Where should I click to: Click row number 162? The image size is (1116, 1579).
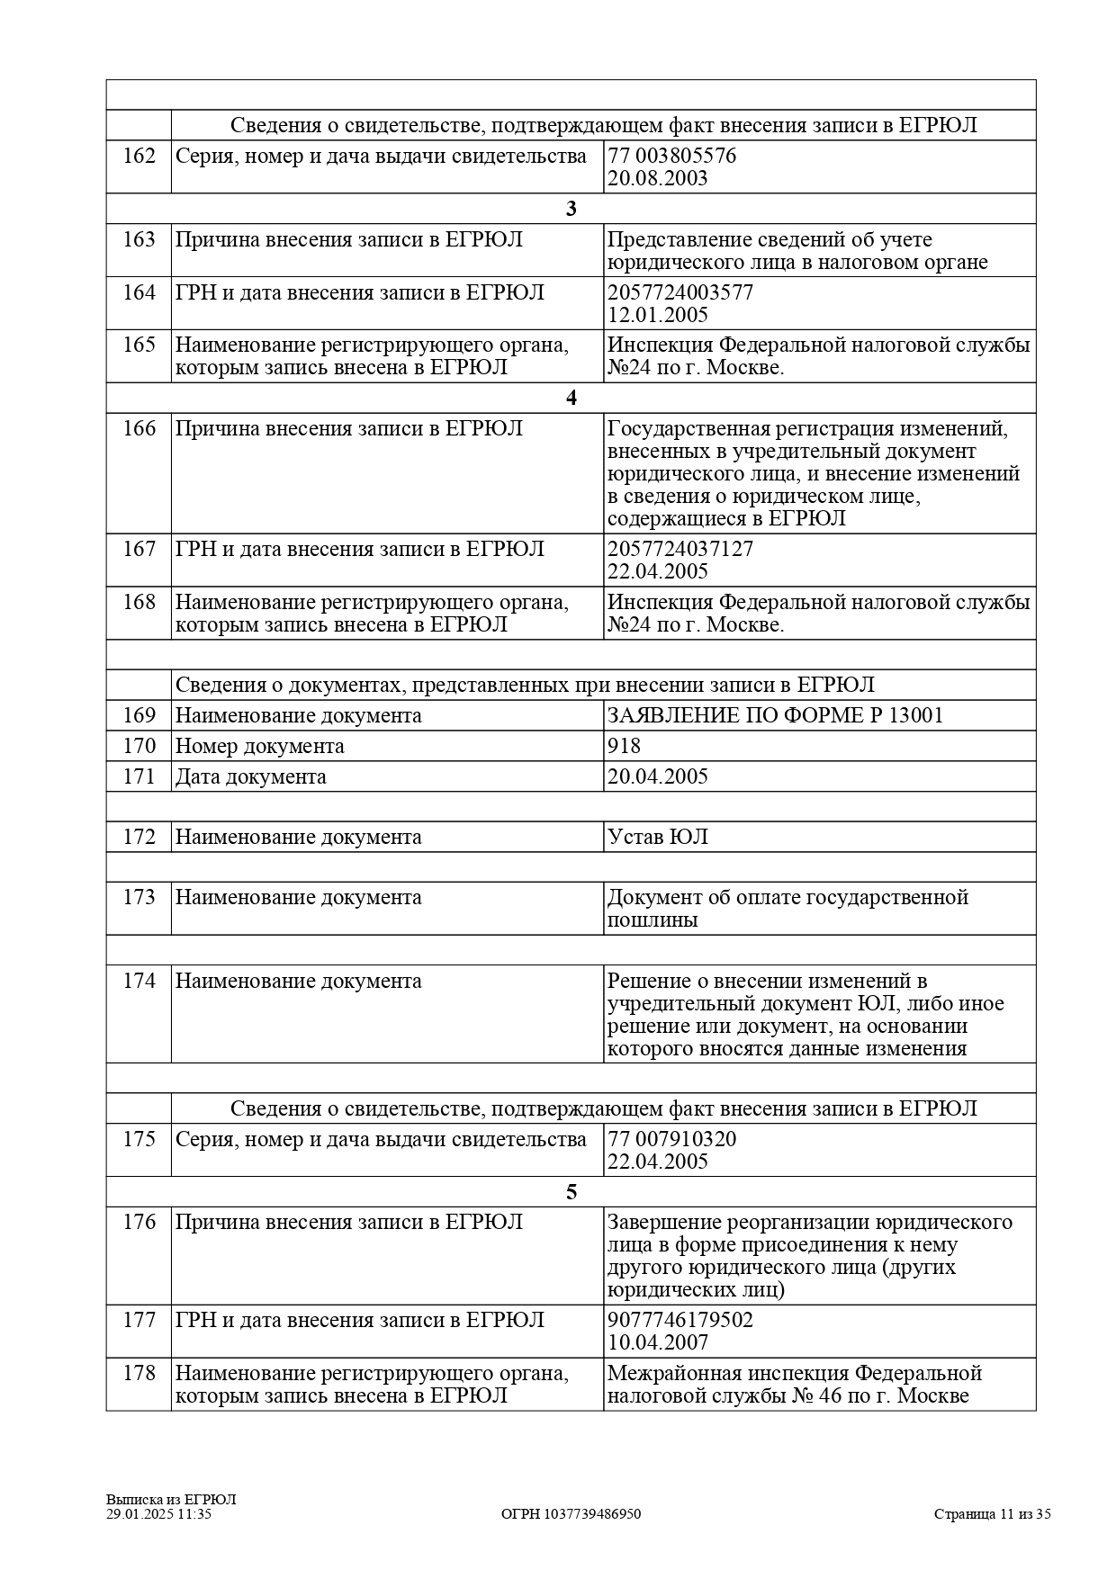pos(139,157)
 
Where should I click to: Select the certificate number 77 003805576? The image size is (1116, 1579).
pos(671,157)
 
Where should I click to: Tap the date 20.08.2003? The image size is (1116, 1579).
pos(657,178)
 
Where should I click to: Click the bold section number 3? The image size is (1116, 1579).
pos(571,209)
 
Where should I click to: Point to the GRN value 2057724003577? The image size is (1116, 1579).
pos(680,292)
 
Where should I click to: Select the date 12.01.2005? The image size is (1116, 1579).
pos(657,315)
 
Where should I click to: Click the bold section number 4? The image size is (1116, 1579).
pos(571,398)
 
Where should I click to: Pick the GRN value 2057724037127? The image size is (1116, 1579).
pos(680,549)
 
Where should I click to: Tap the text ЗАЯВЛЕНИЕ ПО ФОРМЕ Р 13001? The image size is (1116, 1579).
pos(775,715)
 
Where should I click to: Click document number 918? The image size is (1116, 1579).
pos(624,746)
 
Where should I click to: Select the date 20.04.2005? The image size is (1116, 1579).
pos(657,776)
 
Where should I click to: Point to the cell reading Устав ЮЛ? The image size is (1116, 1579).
pos(657,837)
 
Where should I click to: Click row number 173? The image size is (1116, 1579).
pos(139,898)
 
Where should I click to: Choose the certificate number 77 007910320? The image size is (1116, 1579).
pos(671,1139)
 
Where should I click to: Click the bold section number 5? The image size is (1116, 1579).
pos(571,1192)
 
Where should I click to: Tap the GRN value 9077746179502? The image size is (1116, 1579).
pos(680,1320)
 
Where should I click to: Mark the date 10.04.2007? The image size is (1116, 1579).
pos(657,1342)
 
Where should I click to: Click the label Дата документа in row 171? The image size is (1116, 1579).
pos(250,776)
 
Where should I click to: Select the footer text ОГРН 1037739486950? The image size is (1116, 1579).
pos(571,1514)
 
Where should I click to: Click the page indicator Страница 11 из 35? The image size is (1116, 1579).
pos(992,1514)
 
